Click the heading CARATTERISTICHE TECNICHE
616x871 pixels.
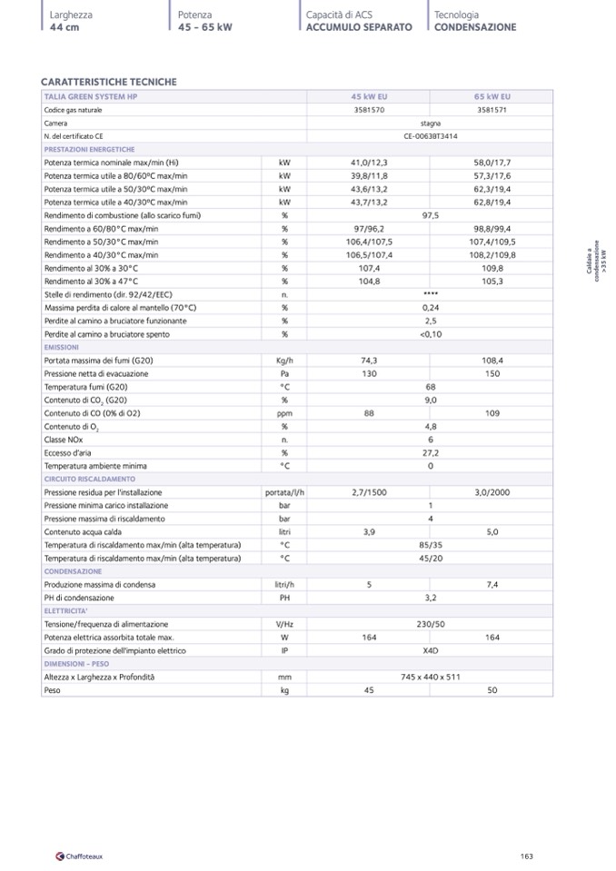[108, 83]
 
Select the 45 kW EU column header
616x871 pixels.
[369, 96]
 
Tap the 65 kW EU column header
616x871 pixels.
[492, 96]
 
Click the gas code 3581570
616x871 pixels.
[369, 110]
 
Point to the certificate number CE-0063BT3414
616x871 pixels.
[431, 135]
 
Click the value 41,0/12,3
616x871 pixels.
[369, 162]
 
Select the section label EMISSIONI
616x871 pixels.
[62, 347]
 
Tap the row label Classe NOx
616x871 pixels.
[65, 440]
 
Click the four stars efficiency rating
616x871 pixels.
[431, 294]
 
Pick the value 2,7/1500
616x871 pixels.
[369, 492]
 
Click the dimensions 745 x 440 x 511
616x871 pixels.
[431, 677]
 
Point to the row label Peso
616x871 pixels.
[53, 690]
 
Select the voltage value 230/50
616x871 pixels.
[431, 624]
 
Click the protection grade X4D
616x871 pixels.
[431, 650]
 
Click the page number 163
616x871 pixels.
[526, 856]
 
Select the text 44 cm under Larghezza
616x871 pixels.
[65, 27]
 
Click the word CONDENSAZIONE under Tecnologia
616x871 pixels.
[475, 27]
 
